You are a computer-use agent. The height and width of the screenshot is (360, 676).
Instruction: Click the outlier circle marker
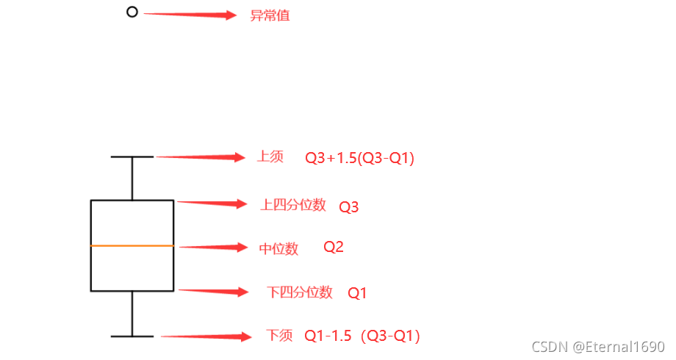(132, 12)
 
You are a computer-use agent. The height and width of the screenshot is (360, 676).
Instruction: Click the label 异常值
(270, 15)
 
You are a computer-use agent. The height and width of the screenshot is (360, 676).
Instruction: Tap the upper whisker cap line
(132, 156)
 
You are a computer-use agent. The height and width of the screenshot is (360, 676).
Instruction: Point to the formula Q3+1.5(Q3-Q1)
(360, 158)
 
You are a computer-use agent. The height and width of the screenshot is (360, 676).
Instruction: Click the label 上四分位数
(293, 205)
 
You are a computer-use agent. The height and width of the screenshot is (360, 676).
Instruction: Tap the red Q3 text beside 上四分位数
(349, 207)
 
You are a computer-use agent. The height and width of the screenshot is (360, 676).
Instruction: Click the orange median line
(132, 245)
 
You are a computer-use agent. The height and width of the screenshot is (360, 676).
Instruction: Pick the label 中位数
(279, 249)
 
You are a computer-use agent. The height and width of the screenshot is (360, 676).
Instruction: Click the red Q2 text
(334, 248)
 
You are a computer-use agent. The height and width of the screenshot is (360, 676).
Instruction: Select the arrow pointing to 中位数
(213, 248)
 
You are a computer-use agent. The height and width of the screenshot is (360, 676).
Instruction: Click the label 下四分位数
(300, 292)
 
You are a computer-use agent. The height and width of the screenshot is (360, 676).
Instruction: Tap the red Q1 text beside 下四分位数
(357, 293)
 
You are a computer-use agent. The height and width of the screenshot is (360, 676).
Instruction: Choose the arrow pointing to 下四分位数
(214, 292)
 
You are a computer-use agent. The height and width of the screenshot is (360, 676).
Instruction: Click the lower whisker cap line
(132, 336)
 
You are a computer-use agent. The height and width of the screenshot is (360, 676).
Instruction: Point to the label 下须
(279, 336)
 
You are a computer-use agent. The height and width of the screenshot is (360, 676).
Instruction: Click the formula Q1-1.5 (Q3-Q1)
(362, 336)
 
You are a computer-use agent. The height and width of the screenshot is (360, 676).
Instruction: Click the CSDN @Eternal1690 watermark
(598, 346)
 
